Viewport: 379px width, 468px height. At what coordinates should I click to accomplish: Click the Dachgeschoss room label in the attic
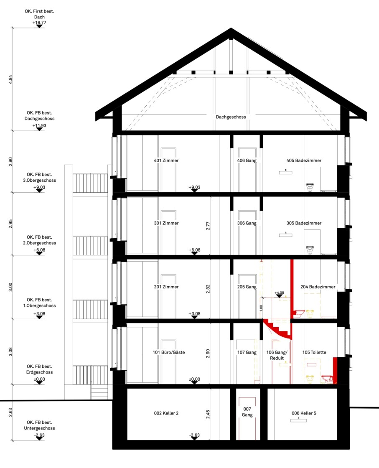click(x=231, y=117)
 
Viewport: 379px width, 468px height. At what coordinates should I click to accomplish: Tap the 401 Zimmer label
click(x=166, y=160)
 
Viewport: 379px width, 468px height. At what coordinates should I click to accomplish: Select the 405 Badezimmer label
click(x=304, y=160)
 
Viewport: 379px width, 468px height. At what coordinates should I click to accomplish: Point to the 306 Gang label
click(x=247, y=223)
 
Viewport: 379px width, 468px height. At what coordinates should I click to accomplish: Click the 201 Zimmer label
click(x=166, y=287)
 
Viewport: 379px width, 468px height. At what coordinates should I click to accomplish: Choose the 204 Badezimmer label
click(x=318, y=287)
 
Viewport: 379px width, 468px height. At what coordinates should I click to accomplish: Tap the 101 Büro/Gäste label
click(x=169, y=353)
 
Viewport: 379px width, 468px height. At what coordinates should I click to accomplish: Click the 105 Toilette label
click(x=314, y=353)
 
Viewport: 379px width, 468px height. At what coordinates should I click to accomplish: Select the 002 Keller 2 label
click(x=166, y=413)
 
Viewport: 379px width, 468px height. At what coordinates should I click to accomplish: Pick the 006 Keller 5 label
click(x=304, y=413)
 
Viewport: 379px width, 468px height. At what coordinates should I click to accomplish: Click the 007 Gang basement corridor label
click(x=247, y=412)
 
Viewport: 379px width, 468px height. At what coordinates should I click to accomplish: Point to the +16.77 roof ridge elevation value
click(x=39, y=23)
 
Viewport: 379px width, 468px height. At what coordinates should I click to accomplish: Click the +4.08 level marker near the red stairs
click(x=279, y=293)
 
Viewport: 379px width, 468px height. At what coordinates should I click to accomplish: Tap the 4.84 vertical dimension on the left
click(x=11, y=79)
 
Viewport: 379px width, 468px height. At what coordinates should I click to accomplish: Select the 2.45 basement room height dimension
click(x=208, y=414)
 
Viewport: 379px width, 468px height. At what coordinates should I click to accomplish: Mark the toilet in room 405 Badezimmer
click(x=310, y=187)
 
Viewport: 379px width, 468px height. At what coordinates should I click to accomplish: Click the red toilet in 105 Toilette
click(x=327, y=379)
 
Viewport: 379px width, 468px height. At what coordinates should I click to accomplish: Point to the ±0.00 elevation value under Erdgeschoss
click(x=39, y=379)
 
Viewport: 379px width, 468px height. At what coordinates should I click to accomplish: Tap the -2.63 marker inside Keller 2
click(x=194, y=435)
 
